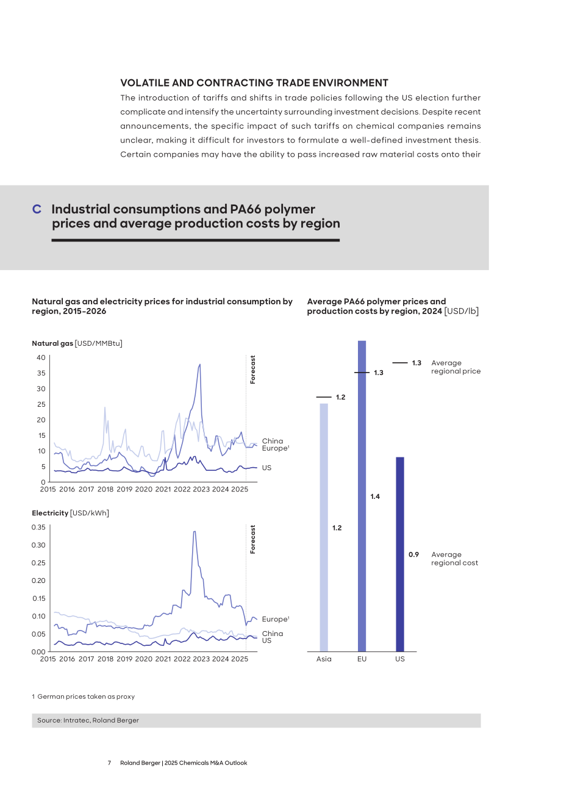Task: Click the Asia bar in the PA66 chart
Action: pos(324,527)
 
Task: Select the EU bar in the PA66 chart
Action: pos(362,496)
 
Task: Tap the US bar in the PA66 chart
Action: pos(400,554)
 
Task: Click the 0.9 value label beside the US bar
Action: pos(413,554)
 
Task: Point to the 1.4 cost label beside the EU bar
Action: pos(375,496)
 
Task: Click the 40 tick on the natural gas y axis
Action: pos(41,357)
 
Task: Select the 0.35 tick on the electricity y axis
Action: pos(38,527)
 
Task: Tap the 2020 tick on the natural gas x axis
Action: pos(143,489)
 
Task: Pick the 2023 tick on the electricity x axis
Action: pos(201,659)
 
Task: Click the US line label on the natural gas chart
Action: pos(266,468)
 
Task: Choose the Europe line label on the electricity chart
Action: pos(276,619)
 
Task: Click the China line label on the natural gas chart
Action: pos(273,441)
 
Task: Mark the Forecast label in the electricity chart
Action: pos(252,539)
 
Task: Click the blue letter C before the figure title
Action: pos(37,209)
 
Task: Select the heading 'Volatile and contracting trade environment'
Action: pos(254,83)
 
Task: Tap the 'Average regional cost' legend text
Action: pos(454,559)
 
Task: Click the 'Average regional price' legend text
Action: pos(456,367)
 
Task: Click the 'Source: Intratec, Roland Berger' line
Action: pos(88,720)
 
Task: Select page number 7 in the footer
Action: pos(110,763)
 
